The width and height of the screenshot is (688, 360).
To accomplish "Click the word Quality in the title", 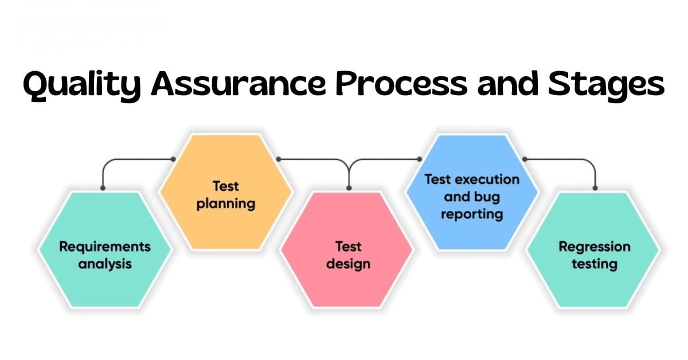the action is (81, 85).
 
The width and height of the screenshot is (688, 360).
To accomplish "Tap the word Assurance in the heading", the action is (239, 83).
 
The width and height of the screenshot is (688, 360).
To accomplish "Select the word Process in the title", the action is (401, 83).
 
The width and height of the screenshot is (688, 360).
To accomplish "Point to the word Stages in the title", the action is (607, 85).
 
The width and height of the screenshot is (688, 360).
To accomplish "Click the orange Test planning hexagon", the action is (226, 192).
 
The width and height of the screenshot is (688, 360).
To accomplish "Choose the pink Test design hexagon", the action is (347, 249).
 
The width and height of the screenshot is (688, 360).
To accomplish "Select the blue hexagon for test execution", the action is (472, 192).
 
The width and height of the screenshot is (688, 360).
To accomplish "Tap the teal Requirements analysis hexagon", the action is (105, 249).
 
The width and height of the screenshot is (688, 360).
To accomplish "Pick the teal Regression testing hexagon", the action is (593, 249).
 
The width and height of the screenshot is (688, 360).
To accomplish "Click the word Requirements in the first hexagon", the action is (105, 246).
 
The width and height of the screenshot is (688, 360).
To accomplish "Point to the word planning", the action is (226, 204).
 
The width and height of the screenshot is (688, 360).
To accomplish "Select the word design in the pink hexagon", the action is (349, 264).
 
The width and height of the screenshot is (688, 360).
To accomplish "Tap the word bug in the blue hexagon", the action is (487, 197).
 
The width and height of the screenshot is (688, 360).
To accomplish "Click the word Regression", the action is (595, 247).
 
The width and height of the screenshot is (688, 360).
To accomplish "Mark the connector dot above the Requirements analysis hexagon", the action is (103, 188).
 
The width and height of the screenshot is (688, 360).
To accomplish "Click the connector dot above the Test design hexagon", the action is (349, 188).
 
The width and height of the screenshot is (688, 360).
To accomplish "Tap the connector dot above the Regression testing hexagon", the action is (595, 188).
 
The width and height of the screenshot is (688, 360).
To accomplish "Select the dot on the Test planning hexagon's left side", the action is (173, 159).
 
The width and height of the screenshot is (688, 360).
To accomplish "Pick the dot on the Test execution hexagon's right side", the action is (525, 159).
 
